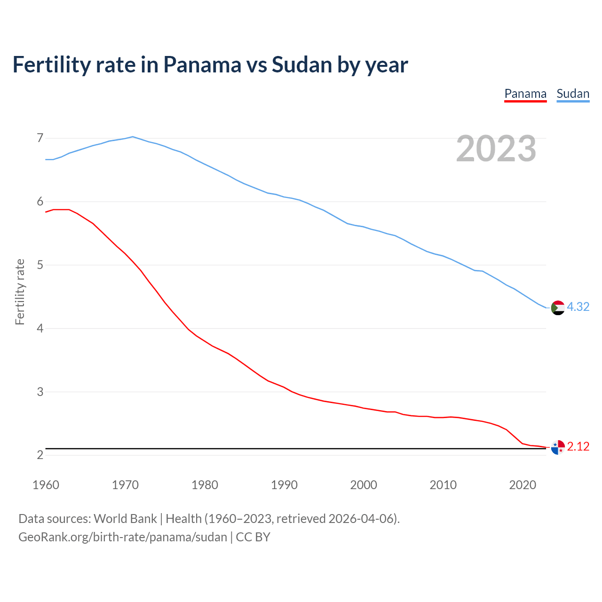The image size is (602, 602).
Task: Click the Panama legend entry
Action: pos(525,94)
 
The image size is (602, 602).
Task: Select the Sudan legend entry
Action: pos(573,94)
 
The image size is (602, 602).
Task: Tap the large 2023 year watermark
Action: pos(496,149)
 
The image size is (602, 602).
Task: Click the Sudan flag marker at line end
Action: pos(558,308)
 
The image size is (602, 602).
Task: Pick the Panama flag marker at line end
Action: pos(558,447)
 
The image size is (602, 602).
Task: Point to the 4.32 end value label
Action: pos(578,307)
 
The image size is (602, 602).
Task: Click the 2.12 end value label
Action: pos(578,446)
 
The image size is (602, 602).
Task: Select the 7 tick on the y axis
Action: pos(40,138)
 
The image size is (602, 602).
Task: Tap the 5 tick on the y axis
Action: pos(40,265)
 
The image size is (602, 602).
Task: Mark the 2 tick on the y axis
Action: pos(40,455)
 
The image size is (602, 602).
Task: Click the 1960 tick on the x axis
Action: pos(46,485)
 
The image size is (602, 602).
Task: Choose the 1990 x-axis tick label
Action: pos(284,485)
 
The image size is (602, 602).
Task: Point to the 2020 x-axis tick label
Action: pos(523,485)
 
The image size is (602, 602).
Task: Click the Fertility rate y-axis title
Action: pos(20,292)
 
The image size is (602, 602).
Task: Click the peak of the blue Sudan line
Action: pos(133,137)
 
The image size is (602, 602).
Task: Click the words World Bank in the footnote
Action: pos(125,518)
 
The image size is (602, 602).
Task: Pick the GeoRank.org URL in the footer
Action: pos(122,537)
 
